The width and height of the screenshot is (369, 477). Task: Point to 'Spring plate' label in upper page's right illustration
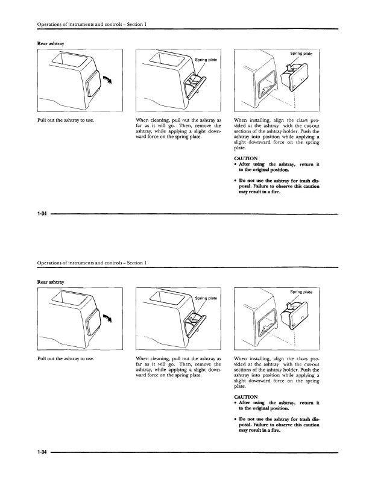click(301, 55)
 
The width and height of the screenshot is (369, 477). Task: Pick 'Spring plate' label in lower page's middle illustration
click(206, 298)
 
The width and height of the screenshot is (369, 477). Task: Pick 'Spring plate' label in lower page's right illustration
click(301, 292)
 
